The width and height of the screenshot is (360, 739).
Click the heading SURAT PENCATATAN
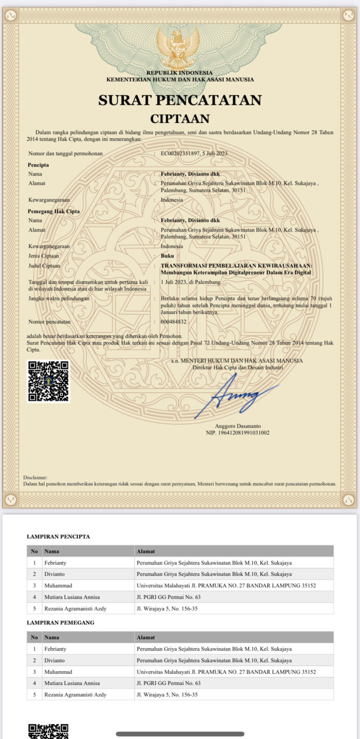[x=180, y=100]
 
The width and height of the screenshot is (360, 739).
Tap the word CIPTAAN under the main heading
[x=180, y=119]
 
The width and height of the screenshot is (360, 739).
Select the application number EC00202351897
[x=180, y=153]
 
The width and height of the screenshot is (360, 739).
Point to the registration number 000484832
[x=173, y=322]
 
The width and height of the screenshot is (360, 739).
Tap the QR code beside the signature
[x=48, y=381]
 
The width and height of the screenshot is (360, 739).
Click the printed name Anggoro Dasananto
[x=238, y=426]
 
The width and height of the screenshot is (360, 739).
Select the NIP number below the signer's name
[x=238, y=433]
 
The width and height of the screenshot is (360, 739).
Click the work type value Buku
[x=167, y=256]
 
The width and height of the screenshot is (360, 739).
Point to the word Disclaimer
[x=35, y=478]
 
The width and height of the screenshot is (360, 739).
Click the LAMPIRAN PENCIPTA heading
[x=58, y=537]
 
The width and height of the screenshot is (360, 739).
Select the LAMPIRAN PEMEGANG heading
[x=60, y=623]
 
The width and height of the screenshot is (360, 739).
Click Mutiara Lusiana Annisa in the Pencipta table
[x=72, y=597]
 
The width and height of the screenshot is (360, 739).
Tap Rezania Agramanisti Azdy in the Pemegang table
[x=75, y=694]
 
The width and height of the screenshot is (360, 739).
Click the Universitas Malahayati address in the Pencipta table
[x=226, y=586]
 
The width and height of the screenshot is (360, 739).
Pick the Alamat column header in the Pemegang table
[x=146, y=637]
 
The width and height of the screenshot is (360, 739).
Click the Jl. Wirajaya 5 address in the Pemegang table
[x=167, y=694]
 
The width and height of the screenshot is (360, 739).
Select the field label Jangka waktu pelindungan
[x=59, y=299]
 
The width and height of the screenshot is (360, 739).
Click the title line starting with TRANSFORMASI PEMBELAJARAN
[x=236, y=266]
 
